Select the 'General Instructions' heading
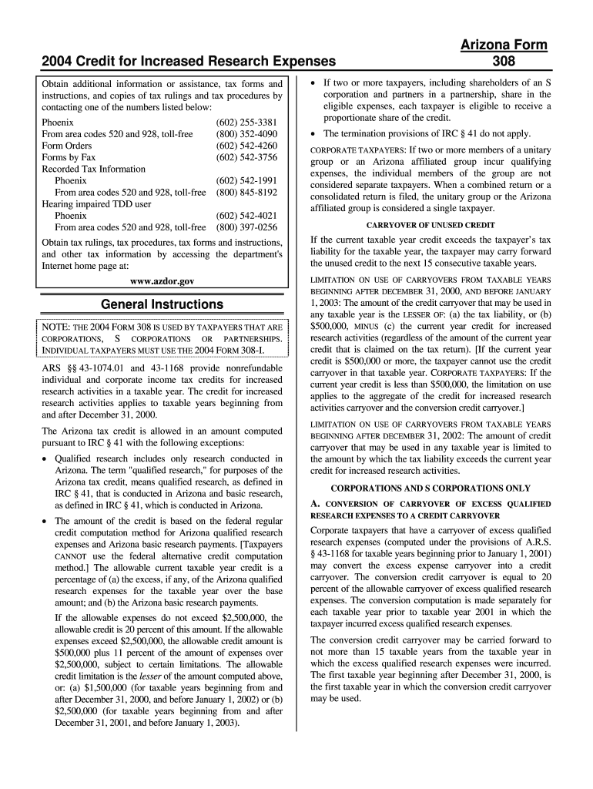coord(162,304)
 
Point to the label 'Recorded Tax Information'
coord(93,169)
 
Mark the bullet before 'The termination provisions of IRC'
coord(313,133)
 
